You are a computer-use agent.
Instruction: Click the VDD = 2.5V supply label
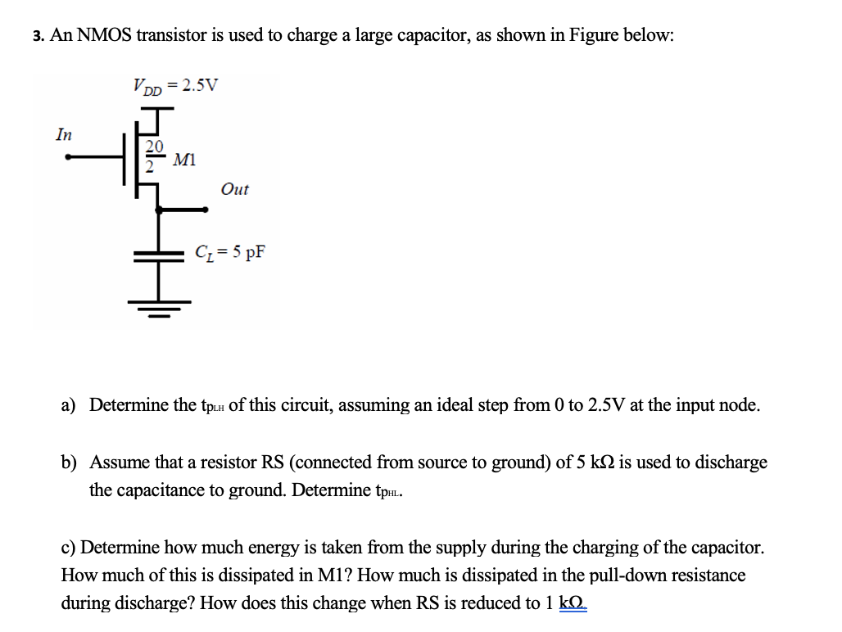(x=175, y=84)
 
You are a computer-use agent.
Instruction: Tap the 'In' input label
(x=63, y=134)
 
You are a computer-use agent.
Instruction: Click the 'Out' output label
(x=234, y=189)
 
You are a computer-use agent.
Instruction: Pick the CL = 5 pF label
(x=229, y=251)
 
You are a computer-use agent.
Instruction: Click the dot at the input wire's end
(x=70, y=157)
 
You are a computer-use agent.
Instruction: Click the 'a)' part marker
(x=69, y=404)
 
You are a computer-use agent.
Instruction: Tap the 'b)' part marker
(x=70, y=462)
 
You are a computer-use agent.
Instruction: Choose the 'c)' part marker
(x=69, y=547)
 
